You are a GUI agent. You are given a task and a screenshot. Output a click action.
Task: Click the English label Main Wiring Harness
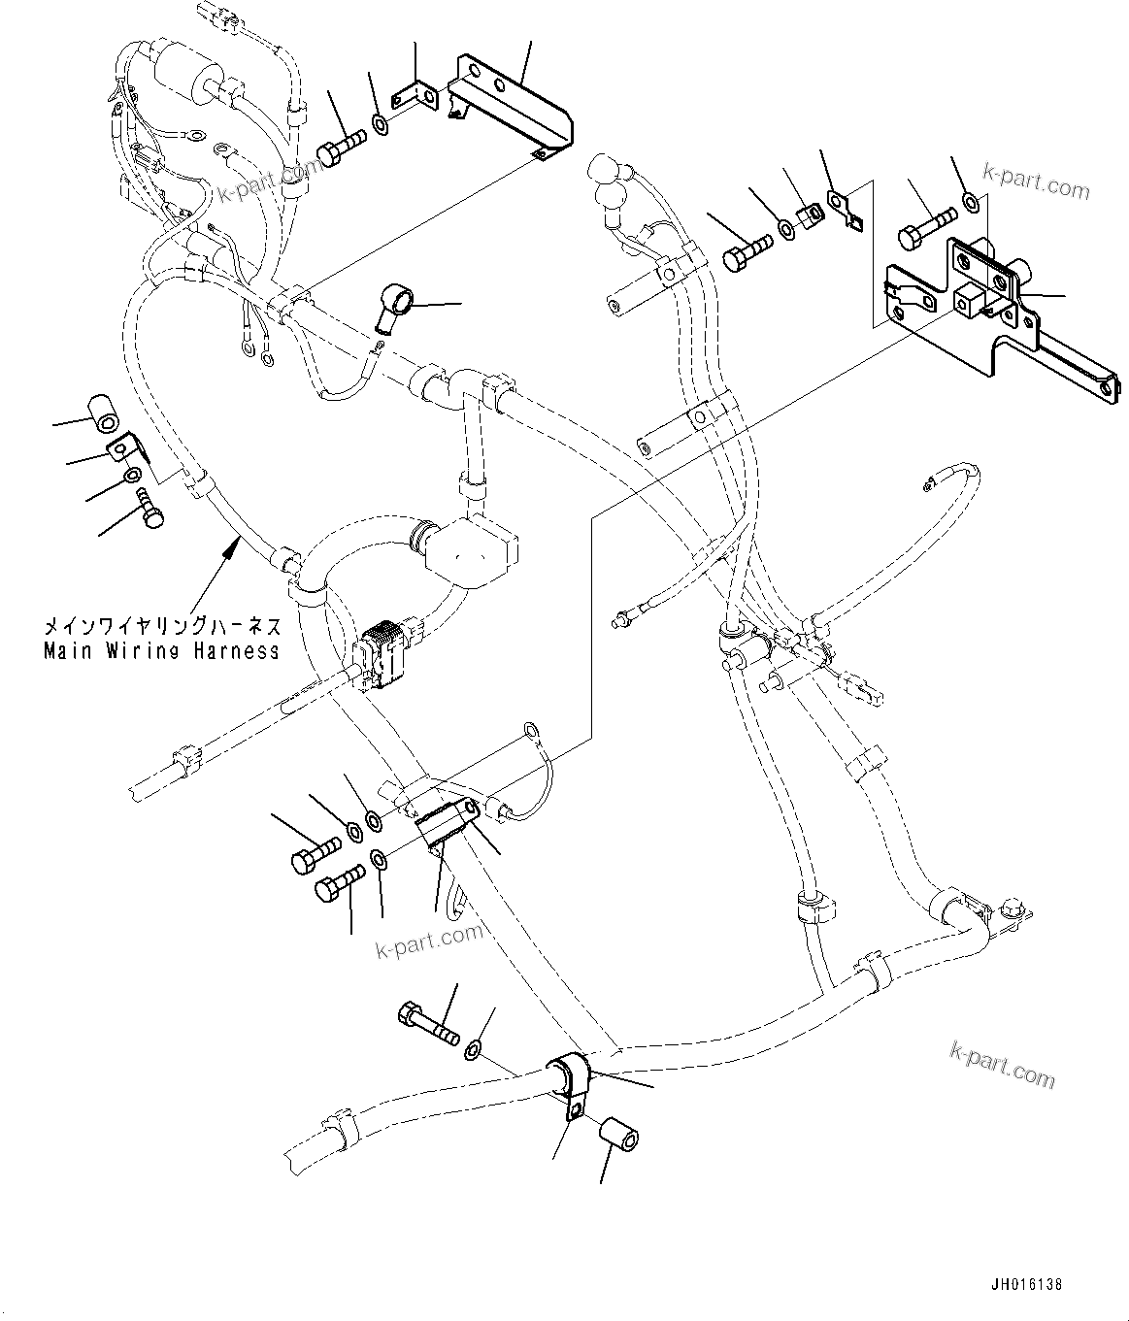pyautogui.click(x=161, y=651)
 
